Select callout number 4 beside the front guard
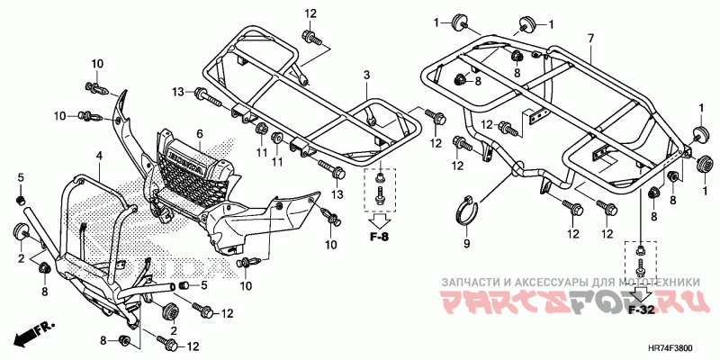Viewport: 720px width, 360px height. (x=100, y=156)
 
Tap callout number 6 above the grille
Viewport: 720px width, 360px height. (x=200, y=134)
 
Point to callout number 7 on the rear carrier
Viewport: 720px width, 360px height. (x=590, y=38)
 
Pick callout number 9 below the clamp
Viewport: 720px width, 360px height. (x=466, y=243)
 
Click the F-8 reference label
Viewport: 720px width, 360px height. (x=380, y=238)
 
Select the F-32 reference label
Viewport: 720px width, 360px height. (x=641, y=311)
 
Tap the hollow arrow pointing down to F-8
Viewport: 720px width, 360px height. (x=380, y=219)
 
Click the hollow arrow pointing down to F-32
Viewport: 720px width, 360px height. (x=641, y=293)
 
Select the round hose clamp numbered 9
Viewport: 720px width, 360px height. (x=467, y=211)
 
